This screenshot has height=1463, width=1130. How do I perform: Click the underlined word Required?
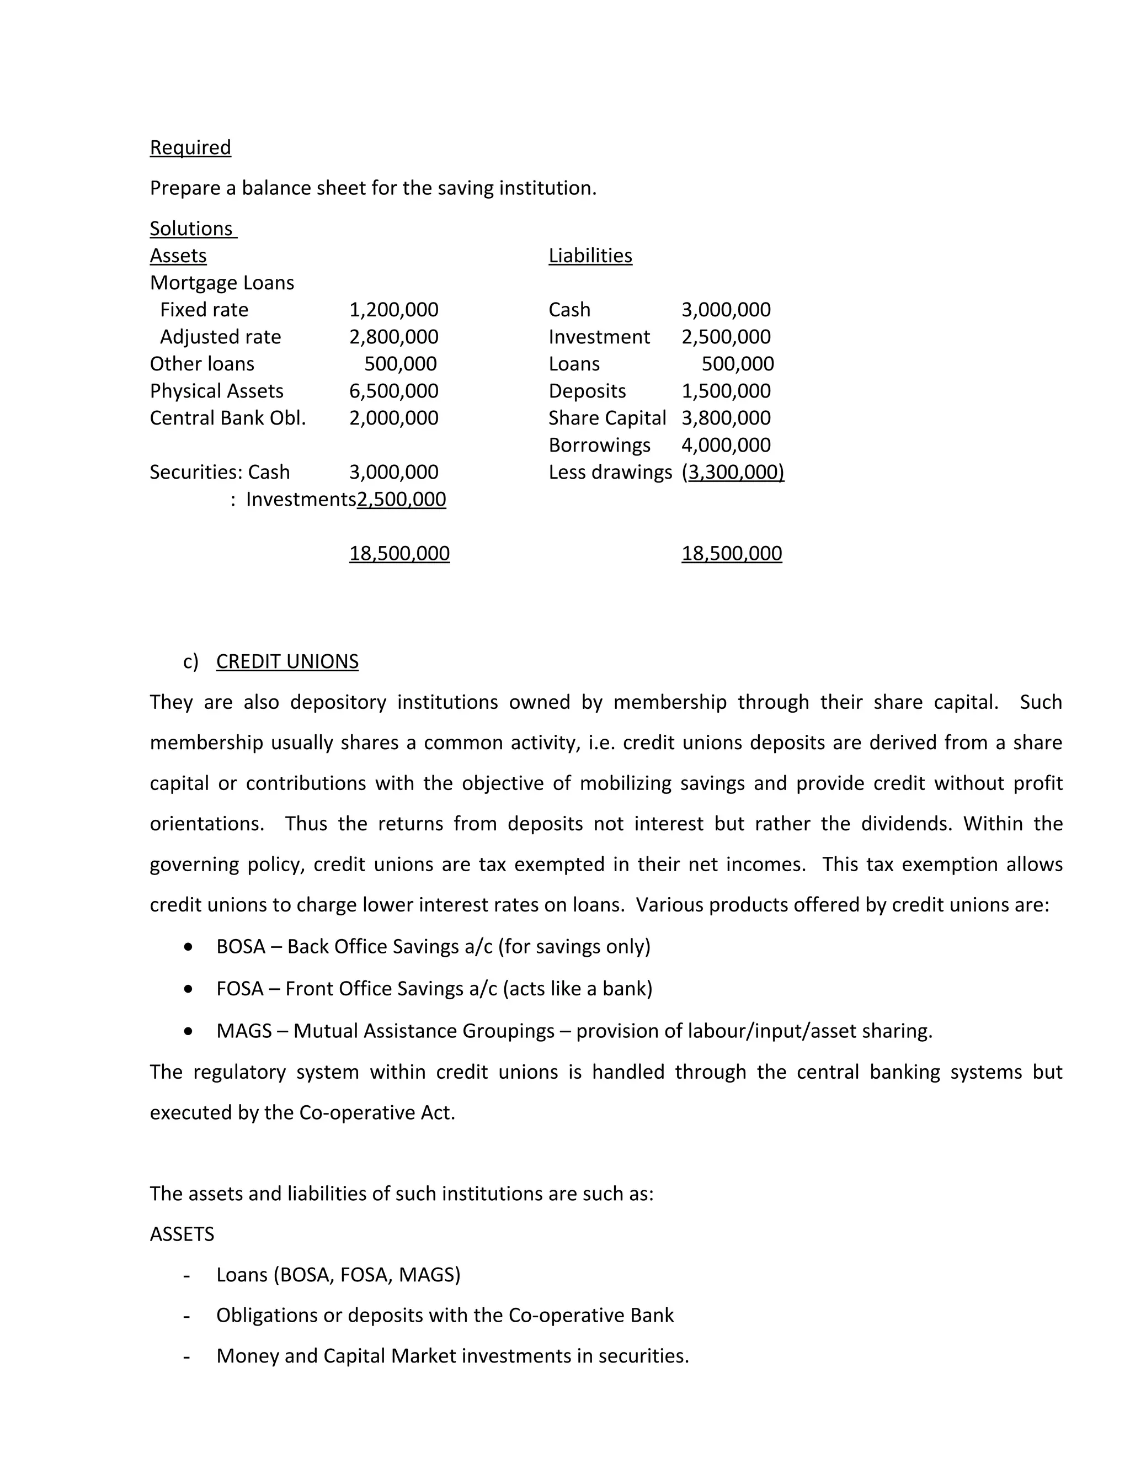190,147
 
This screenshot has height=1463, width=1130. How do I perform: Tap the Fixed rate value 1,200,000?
393,310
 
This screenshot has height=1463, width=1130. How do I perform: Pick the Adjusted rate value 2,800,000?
393,337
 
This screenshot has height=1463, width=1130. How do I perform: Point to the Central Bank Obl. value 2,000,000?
393,418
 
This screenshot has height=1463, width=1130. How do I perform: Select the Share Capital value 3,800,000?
726,418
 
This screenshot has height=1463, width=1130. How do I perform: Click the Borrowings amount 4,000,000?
726,445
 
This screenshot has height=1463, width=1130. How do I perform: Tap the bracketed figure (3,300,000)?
732,472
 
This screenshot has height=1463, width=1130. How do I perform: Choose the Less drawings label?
610,472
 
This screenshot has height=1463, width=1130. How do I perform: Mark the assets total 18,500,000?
399,553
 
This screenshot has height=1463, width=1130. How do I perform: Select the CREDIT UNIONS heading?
287,661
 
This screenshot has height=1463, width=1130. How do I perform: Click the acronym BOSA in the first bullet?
241,946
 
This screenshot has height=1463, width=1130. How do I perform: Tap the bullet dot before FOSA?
189,989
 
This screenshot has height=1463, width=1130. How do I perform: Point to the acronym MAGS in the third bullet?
244,1030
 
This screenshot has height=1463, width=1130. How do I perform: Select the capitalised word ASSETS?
182,1234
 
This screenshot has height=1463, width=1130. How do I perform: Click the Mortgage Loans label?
222,283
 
